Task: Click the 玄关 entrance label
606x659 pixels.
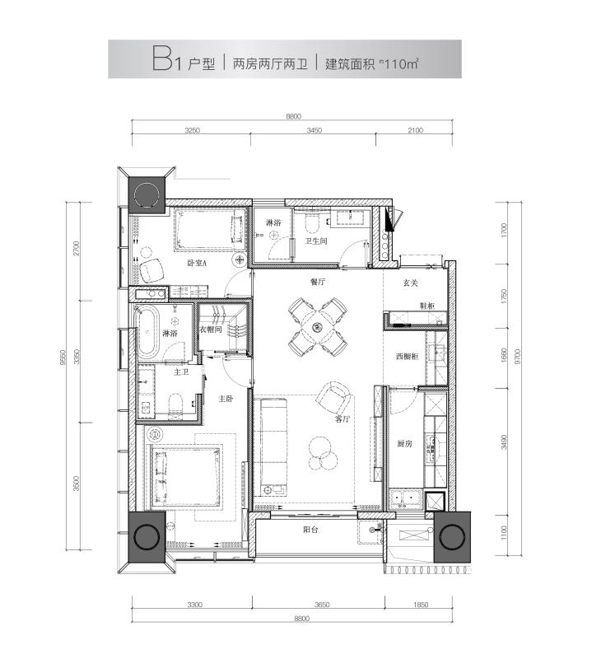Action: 410,283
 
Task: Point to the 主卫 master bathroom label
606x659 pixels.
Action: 182,372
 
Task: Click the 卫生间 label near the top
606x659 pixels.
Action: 317,241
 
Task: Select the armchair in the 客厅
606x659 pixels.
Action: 333,399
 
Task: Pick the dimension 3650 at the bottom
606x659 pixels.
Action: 322,605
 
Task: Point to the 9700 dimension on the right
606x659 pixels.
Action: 516,358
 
